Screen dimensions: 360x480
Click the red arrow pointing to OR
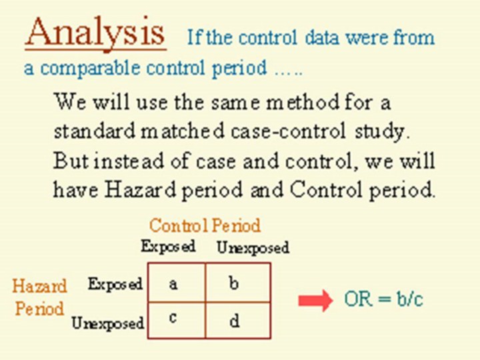[315, 301]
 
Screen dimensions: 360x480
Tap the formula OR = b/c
[383, 299]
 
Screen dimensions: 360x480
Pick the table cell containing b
[237, 283]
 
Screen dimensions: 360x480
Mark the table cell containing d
[237, 320]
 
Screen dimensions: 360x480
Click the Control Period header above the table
[204, 225]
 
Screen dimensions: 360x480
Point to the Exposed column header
[168, 246]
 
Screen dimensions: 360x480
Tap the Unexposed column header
[253, 247]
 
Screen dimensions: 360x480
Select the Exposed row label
[115, 284]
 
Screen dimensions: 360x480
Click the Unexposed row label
[107, 323]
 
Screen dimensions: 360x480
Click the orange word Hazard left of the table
[39, 287]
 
